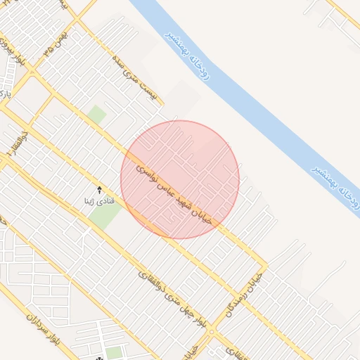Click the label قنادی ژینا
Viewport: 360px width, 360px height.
click(99, 201)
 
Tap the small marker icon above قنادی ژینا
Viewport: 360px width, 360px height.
click(99, 190)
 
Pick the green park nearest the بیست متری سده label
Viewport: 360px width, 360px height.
click(97, 114)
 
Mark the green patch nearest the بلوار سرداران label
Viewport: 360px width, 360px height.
click(113, 352)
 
